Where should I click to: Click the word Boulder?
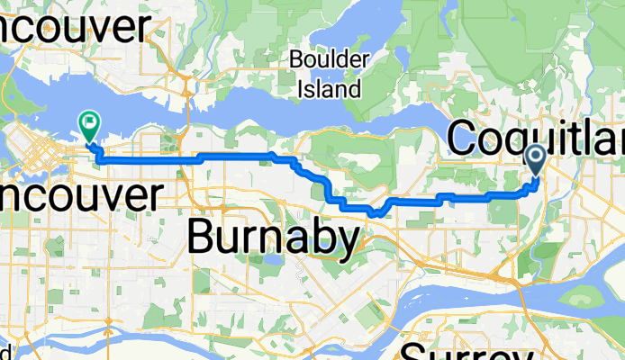pyautogui.click(x=330, y=62)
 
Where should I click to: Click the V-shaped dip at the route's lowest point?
pyautogui.click(x=373, y=214)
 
